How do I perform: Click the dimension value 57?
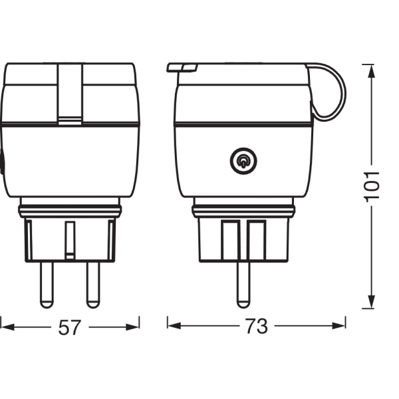click(x=69, y=327)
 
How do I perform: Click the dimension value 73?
click(x=257, y=326)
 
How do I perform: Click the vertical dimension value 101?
click(x=372, y=187)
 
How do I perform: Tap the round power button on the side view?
click(x=243, y=161)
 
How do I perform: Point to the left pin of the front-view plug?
click(x=47, y=285)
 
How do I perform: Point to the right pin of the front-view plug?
click(x=93, y=285)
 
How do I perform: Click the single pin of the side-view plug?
click(x=243, y=285)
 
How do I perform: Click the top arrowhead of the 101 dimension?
click(x=372, y=71)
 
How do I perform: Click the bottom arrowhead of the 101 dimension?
click(x=372, y=302)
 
